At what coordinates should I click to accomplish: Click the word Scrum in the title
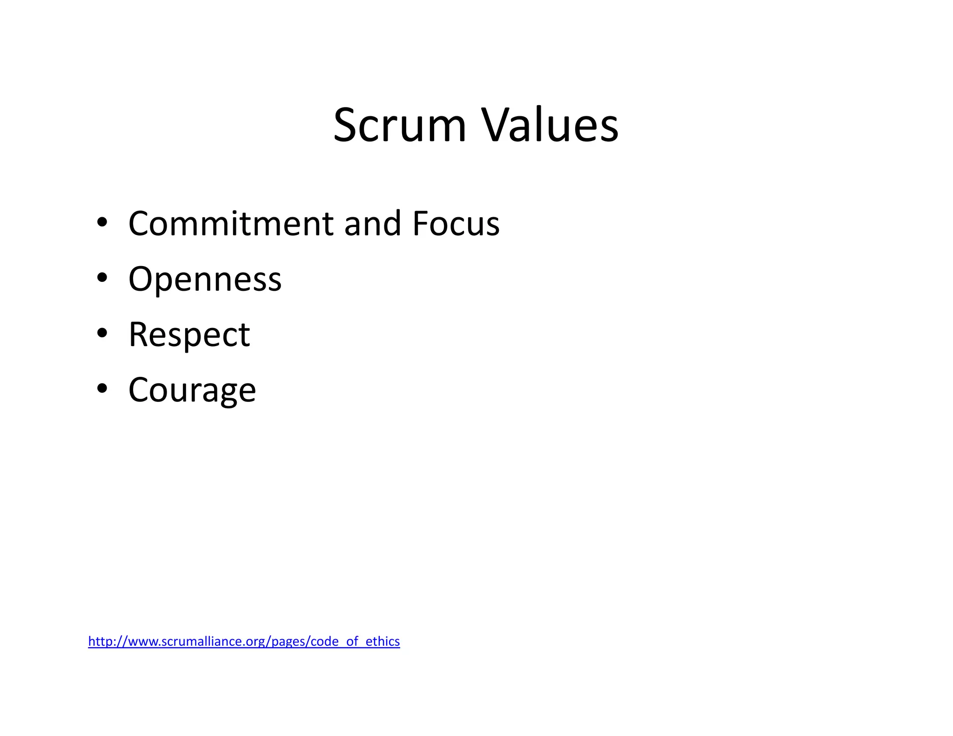(399, 126)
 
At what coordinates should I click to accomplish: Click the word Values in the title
(550, 126)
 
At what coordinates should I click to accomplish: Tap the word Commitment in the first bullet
(231, 224)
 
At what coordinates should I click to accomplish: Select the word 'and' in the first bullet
(373, 224)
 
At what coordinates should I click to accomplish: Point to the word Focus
(456, 224)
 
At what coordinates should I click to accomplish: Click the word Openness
(205, 279)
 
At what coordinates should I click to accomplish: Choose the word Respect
(189, 335)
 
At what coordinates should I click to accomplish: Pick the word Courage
(192, 390)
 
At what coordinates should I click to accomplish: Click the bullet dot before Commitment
(102, 222)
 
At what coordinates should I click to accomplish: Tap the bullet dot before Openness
(102, 278)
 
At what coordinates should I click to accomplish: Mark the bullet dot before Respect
(102, 333)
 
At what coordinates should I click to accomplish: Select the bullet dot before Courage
(102, 388)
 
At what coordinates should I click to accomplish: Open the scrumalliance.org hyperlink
(244, 641)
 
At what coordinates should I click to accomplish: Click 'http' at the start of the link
(99, 641)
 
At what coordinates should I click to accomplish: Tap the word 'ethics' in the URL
(383, 641)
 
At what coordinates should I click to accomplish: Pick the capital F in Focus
(420, 224)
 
